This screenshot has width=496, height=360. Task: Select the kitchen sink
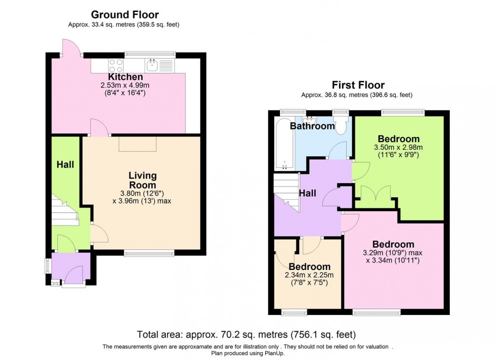(152, 64)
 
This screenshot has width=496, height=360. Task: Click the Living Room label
(142, 180)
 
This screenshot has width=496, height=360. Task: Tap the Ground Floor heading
(125, 15)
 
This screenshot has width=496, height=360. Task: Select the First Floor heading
(358, 85)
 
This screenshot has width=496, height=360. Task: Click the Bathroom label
(312, 126)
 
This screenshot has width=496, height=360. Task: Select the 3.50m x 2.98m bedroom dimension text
(398, 148)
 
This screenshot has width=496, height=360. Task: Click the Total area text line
(246, 335)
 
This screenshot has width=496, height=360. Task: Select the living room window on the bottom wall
(149, 253)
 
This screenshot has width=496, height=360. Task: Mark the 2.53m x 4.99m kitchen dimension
(125, 85)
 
